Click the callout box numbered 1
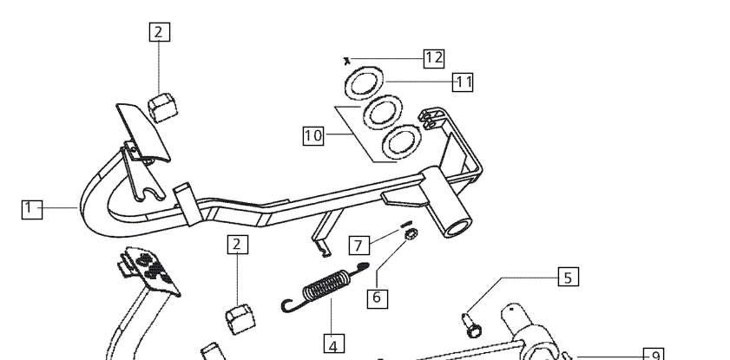[32, 209]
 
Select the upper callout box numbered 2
[159, 32]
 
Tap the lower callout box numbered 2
[238, 245]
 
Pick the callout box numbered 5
[569, 277]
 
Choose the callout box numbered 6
[377, 298]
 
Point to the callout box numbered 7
[359, 245]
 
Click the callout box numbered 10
[313, 135]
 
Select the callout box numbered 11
[463, 82]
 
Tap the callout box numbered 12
[434, 59]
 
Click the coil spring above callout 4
[326, 285]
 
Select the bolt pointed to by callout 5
[472, 325]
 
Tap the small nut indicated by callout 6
[411, 234]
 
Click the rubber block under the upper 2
[163, 108]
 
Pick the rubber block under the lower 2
[240, 319]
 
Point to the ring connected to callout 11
[364, 82]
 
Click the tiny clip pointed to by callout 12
[346, 61]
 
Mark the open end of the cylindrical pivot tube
[457, 227]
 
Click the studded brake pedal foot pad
[150, 271]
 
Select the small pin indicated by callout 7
[406, 224]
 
